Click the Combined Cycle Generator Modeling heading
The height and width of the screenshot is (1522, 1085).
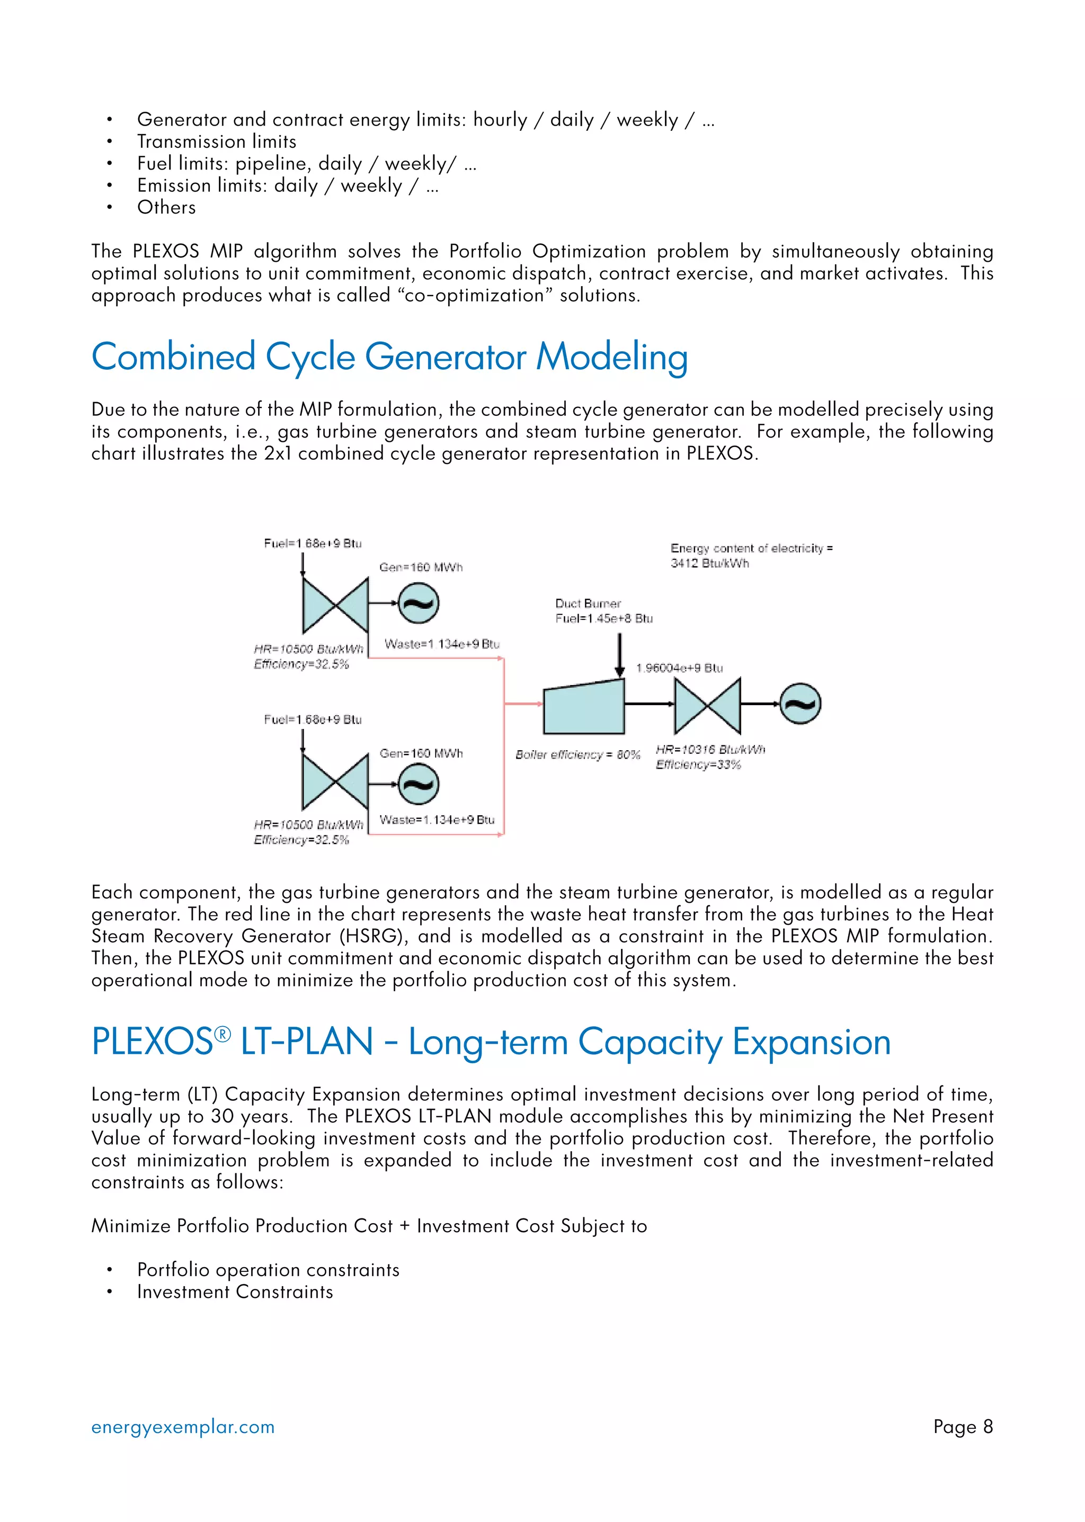[389, 357]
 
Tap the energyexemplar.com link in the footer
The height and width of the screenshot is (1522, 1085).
[183, 1427]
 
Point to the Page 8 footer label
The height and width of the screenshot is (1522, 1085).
[963, 1427]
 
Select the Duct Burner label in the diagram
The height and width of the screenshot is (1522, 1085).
[588, 603]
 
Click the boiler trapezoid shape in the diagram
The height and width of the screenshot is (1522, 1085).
[584, 708]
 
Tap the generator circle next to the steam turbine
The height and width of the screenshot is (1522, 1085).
[801, 704]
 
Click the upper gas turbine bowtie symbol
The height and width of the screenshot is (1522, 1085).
[335, 606]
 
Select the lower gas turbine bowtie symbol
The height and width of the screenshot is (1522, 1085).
[335, 782]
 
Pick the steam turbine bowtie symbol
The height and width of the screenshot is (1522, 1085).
[707, 706]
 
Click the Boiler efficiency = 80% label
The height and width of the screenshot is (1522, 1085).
[578, 754]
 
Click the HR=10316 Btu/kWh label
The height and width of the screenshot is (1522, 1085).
[710, 750]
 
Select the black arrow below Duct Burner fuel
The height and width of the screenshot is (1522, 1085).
[620, 655]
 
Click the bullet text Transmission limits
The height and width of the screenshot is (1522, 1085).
[217, 141]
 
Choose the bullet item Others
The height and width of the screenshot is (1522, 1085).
[166, 207]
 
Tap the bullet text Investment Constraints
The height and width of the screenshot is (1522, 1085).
[235, 1292]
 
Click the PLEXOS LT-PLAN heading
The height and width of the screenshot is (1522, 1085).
[491, 1042]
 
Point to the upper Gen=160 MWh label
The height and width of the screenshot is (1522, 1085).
[421, 567]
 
